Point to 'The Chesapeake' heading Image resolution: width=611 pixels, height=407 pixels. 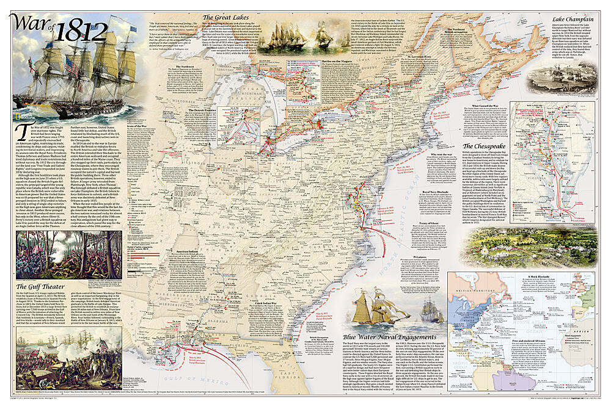(x=499, y=146)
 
